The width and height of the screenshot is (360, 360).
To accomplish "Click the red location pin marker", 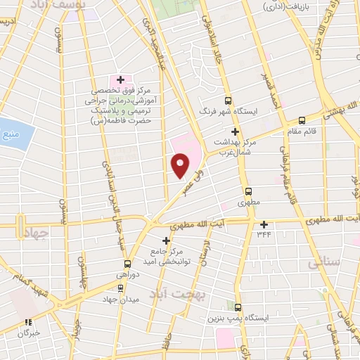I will tap(180, 164).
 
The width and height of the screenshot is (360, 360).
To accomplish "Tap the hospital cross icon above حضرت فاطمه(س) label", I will tap(120, 80).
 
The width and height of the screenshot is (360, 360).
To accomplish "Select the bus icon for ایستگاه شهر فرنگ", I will tap(229, 101).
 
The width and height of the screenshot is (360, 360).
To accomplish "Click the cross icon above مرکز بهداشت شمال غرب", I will tap(236, 131).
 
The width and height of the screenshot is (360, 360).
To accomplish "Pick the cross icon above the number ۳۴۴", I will tap(264, 224).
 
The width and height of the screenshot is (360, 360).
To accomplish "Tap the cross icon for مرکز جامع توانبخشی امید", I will tap(166, 240).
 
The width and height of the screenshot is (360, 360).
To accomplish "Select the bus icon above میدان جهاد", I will tap(121, 288).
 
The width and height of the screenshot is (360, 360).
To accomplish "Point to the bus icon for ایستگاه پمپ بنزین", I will tap(238, 307).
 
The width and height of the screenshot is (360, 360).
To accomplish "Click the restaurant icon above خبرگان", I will tap(29, 323).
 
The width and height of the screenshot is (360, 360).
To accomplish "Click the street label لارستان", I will tap(207, 254).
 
